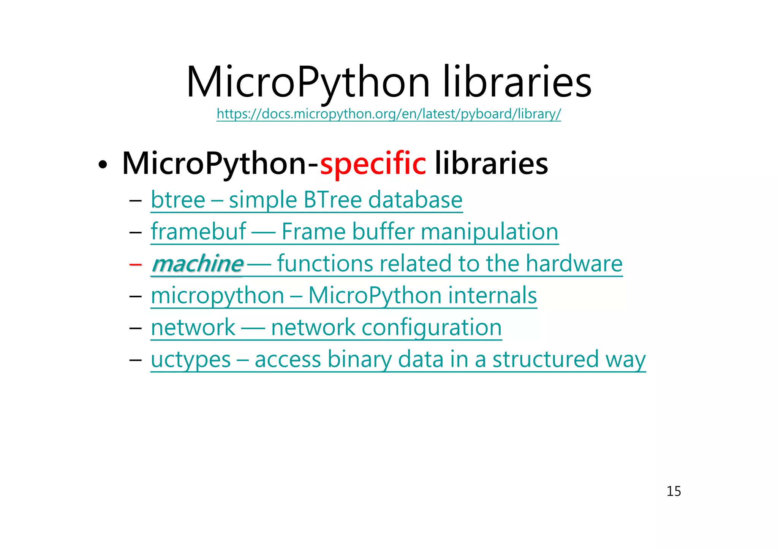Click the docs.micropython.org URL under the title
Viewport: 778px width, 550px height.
[x=389, y=114]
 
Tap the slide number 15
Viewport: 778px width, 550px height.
[x=674, y=491]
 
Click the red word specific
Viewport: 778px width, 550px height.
[x=373, y=163]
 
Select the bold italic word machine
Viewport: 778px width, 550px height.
[x=198, y=264]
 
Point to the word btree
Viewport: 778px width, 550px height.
[x=178, y=200]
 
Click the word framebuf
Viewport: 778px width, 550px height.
[x=198, y=231]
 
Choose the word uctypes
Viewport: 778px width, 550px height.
[x=191, y=360]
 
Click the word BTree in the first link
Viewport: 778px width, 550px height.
[x=332, y=200]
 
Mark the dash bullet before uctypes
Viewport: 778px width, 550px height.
[x=135, y=360]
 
